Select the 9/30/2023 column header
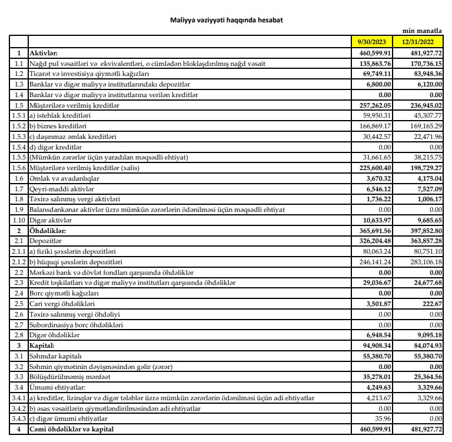pos(373,42)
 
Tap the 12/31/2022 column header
pos(421,42)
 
